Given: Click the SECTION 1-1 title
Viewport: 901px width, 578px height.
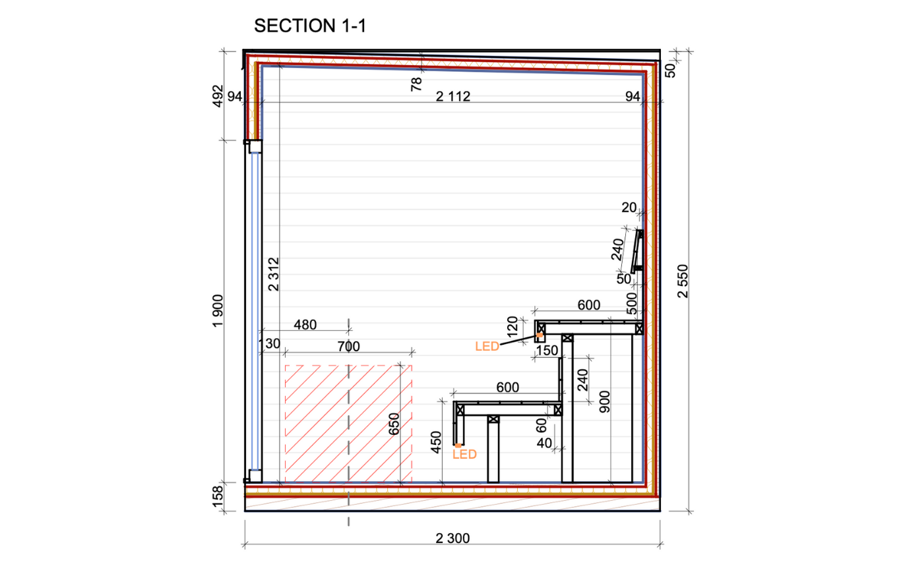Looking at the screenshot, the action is pyautogui.click(x=310, y=26).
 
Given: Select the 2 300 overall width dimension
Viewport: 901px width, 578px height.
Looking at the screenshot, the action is pyautogui.click(x=452, y=538).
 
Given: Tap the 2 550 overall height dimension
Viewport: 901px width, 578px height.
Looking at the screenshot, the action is pyautogui.click(x=683, y=281).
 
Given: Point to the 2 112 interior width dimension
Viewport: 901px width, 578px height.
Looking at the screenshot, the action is pyautogui.click(x=453, y=96).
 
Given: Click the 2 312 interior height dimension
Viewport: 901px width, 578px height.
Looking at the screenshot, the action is pyautogui.click(x=274, y=274).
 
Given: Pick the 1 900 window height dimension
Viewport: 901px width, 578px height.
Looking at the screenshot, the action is pyautogui.click(x=218, y=311).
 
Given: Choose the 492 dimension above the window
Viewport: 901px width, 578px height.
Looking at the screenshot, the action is pyautogui.click(x=218, y=96).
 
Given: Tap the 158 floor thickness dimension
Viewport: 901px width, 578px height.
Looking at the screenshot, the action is pyautogui.click(x=218, y=497).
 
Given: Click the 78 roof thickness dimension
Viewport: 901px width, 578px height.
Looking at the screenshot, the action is pyautogui.click(x=417, y=84).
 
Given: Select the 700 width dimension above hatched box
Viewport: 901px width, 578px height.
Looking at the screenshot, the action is pyautogui.click(x=349, y=347).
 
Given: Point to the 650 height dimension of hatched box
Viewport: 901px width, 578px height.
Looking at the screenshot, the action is pyautogui.click(x=394, y=424).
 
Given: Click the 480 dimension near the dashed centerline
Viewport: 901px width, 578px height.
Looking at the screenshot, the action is pyautogui.click(x=305, y=325).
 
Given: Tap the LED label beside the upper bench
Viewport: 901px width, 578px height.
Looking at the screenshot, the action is pyautogui.click(x=487, y=346).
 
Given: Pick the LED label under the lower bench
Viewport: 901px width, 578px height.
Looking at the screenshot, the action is pyautogui.click(x=464, y=454).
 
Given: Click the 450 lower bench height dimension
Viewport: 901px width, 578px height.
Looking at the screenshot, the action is pyautogui.click(x=436, y=442).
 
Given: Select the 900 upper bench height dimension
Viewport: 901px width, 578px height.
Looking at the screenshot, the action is pyautogui.click(x=605, y=401).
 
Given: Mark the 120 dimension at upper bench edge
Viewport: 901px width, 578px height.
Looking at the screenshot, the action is pyautogui.click(x=513, y=327).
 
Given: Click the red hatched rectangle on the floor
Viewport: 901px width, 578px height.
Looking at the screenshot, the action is pyautogui.click(x=348, y=424).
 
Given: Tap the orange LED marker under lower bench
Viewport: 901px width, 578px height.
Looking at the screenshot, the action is pyautogui.click(x=458, y=446).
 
